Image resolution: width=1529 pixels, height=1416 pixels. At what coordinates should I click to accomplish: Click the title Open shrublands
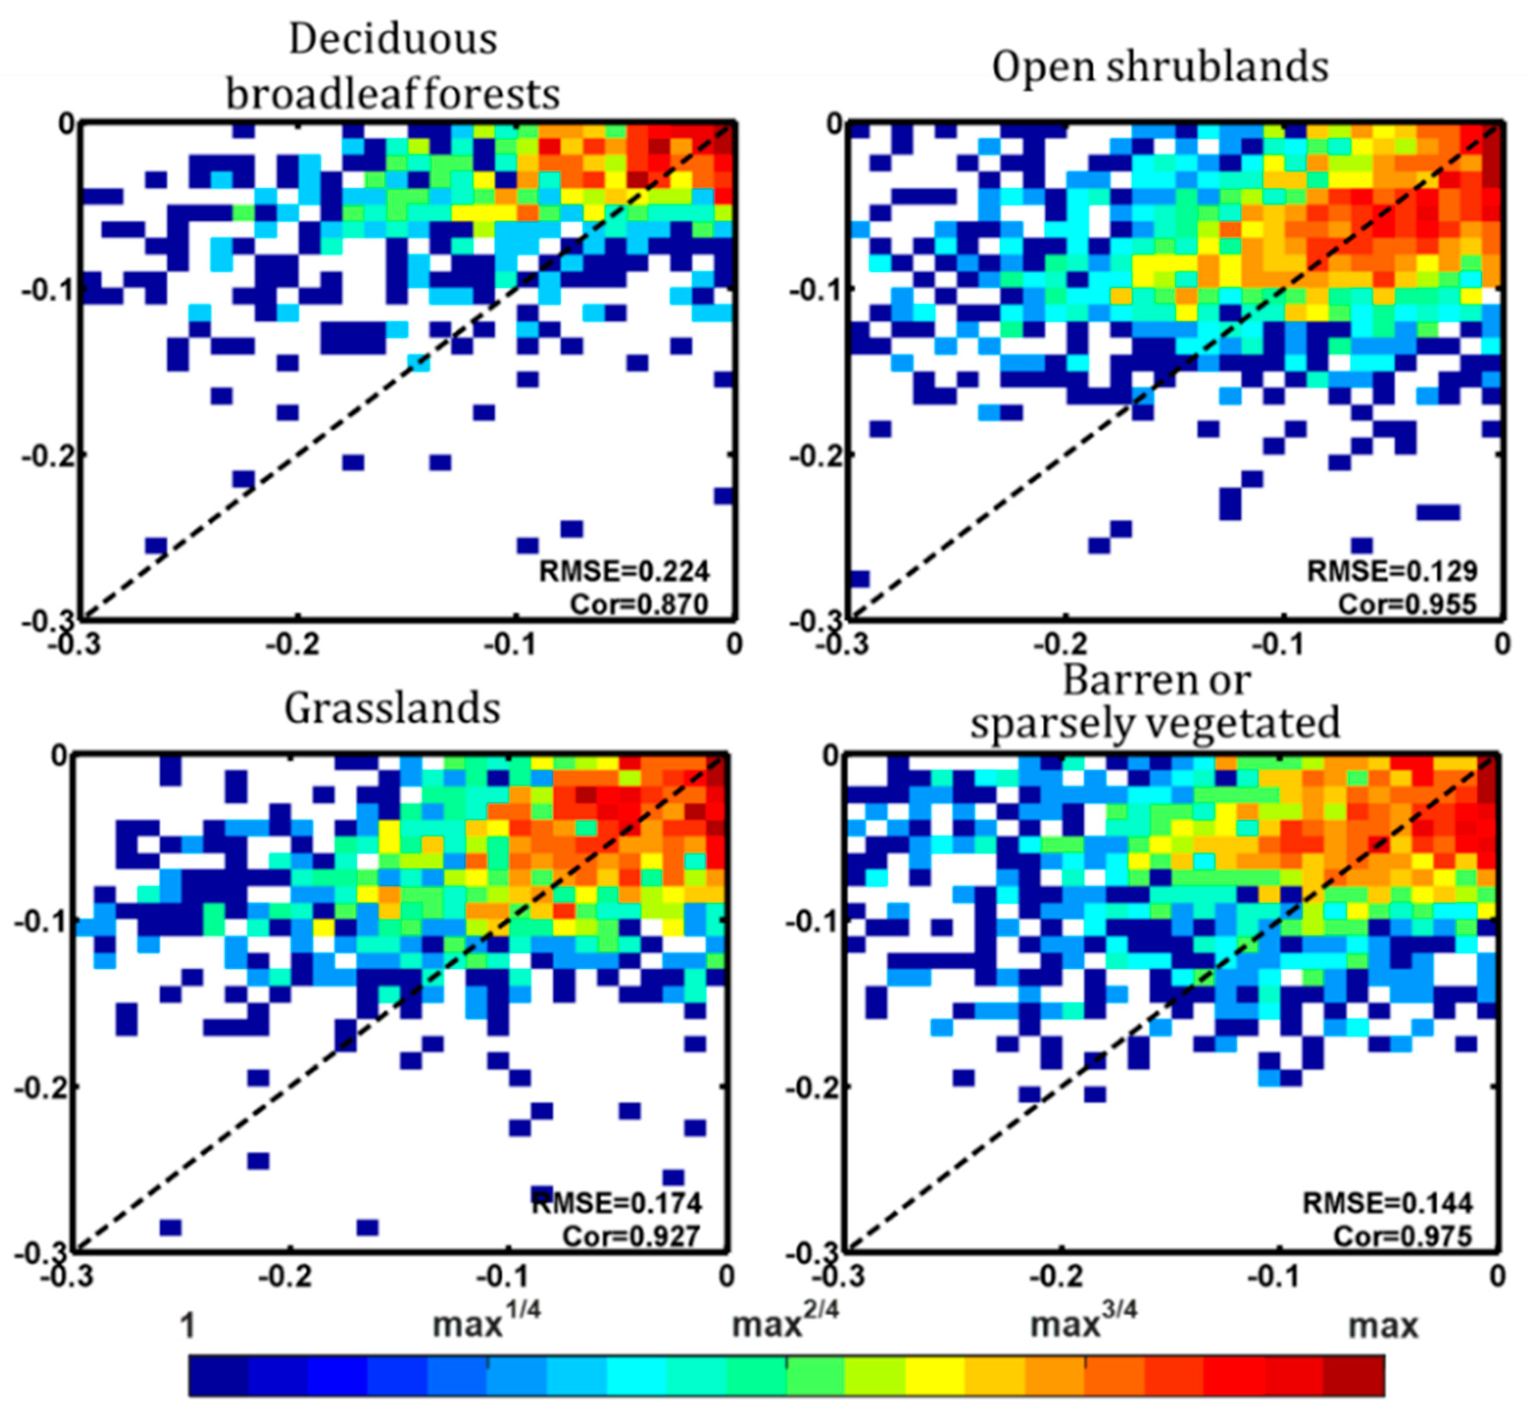point(1159,67)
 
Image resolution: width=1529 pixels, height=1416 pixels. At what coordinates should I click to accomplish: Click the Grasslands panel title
point(392,708)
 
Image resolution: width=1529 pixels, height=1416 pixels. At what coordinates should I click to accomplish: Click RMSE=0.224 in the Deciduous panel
point(624,571)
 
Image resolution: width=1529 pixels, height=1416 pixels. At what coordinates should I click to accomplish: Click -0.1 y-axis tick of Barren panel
point(811,922)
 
